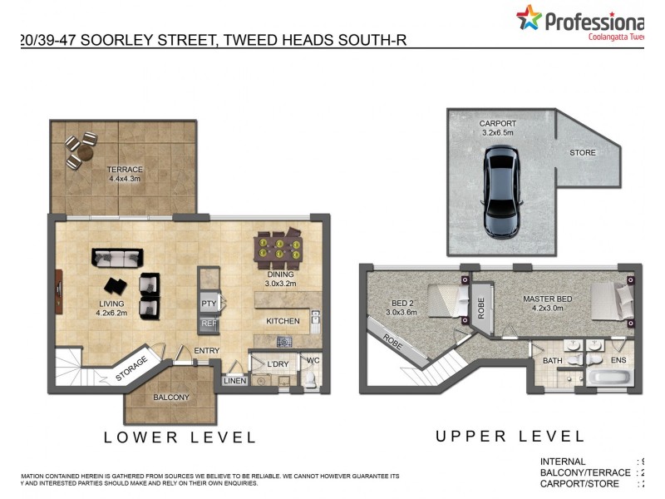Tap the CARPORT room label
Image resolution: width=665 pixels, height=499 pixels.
click(497, 124)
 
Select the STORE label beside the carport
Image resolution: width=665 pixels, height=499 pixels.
click(582, 153)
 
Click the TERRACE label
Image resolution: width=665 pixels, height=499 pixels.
click(125, 170)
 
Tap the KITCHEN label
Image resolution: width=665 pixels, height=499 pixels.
click(283, 321)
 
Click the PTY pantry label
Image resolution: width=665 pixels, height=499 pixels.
click(209, 304)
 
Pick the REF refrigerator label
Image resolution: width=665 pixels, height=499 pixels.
click(209, 324)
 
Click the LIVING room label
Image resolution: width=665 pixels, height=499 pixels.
click(110, 304)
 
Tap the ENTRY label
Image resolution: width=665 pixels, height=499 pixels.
click(207, 351)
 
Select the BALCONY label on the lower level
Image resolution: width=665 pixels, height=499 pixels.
click(171, 398)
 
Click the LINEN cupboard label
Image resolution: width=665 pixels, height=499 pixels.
click(234, 381)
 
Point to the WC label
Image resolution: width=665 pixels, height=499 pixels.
click(313, 361)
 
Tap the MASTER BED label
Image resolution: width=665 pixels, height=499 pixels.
click(546, 298)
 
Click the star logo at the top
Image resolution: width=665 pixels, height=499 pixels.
click(528, 17)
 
